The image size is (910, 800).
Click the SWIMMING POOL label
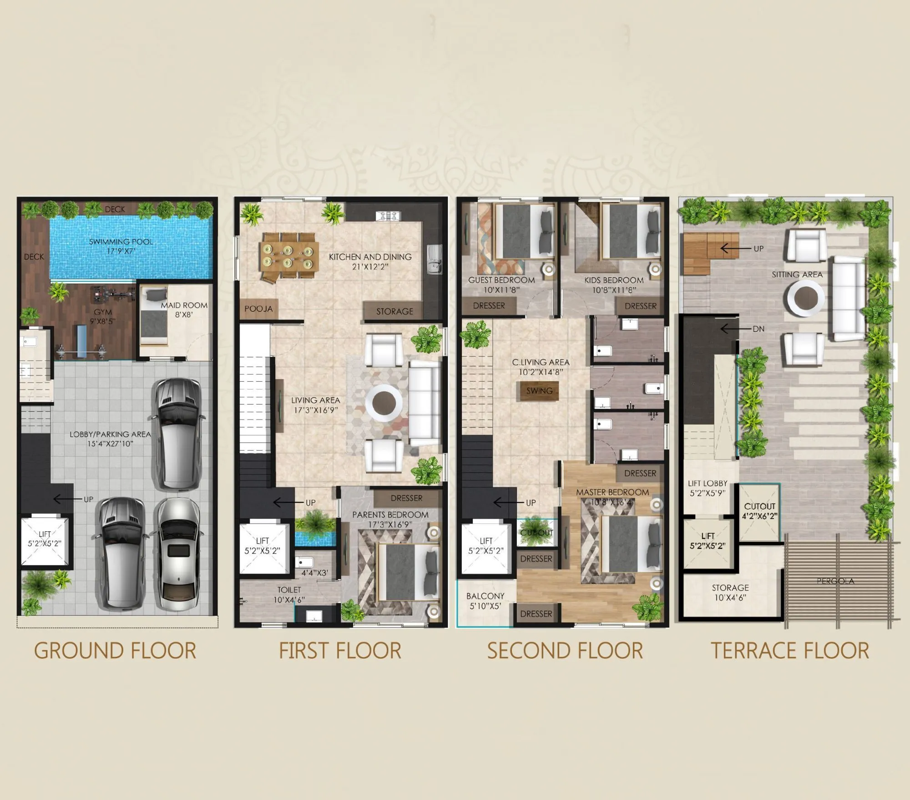(x=121, y=242)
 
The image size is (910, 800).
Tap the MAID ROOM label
(x=184, y=305)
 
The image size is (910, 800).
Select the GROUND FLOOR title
(x=115, y=650)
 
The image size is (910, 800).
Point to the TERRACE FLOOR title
(x=790, y=650)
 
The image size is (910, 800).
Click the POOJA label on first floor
(x=258, y=309)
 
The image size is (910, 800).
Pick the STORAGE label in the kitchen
(x=394, y=311)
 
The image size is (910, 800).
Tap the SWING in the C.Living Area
(x=539, y=390)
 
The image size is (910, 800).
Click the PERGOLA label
(x=835, y=581)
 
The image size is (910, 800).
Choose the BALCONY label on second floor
(x=485, y=596)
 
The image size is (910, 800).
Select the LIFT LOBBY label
(x=707, y=483)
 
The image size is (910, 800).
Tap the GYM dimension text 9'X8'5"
(x=103, y=321)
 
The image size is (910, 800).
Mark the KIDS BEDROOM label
(x=614, y=280)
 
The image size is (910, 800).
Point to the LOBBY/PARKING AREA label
(x=110, y=434)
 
